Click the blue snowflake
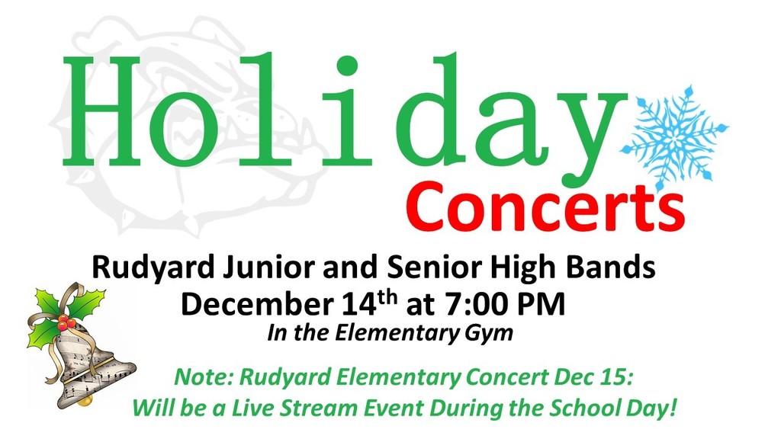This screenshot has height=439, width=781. pyautogui.click(x=674, y=138)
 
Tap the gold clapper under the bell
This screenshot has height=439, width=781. pyautogui.click(x=86, y=400)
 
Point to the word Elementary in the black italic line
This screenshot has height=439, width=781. pyautogui.click(x=396, y=334)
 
